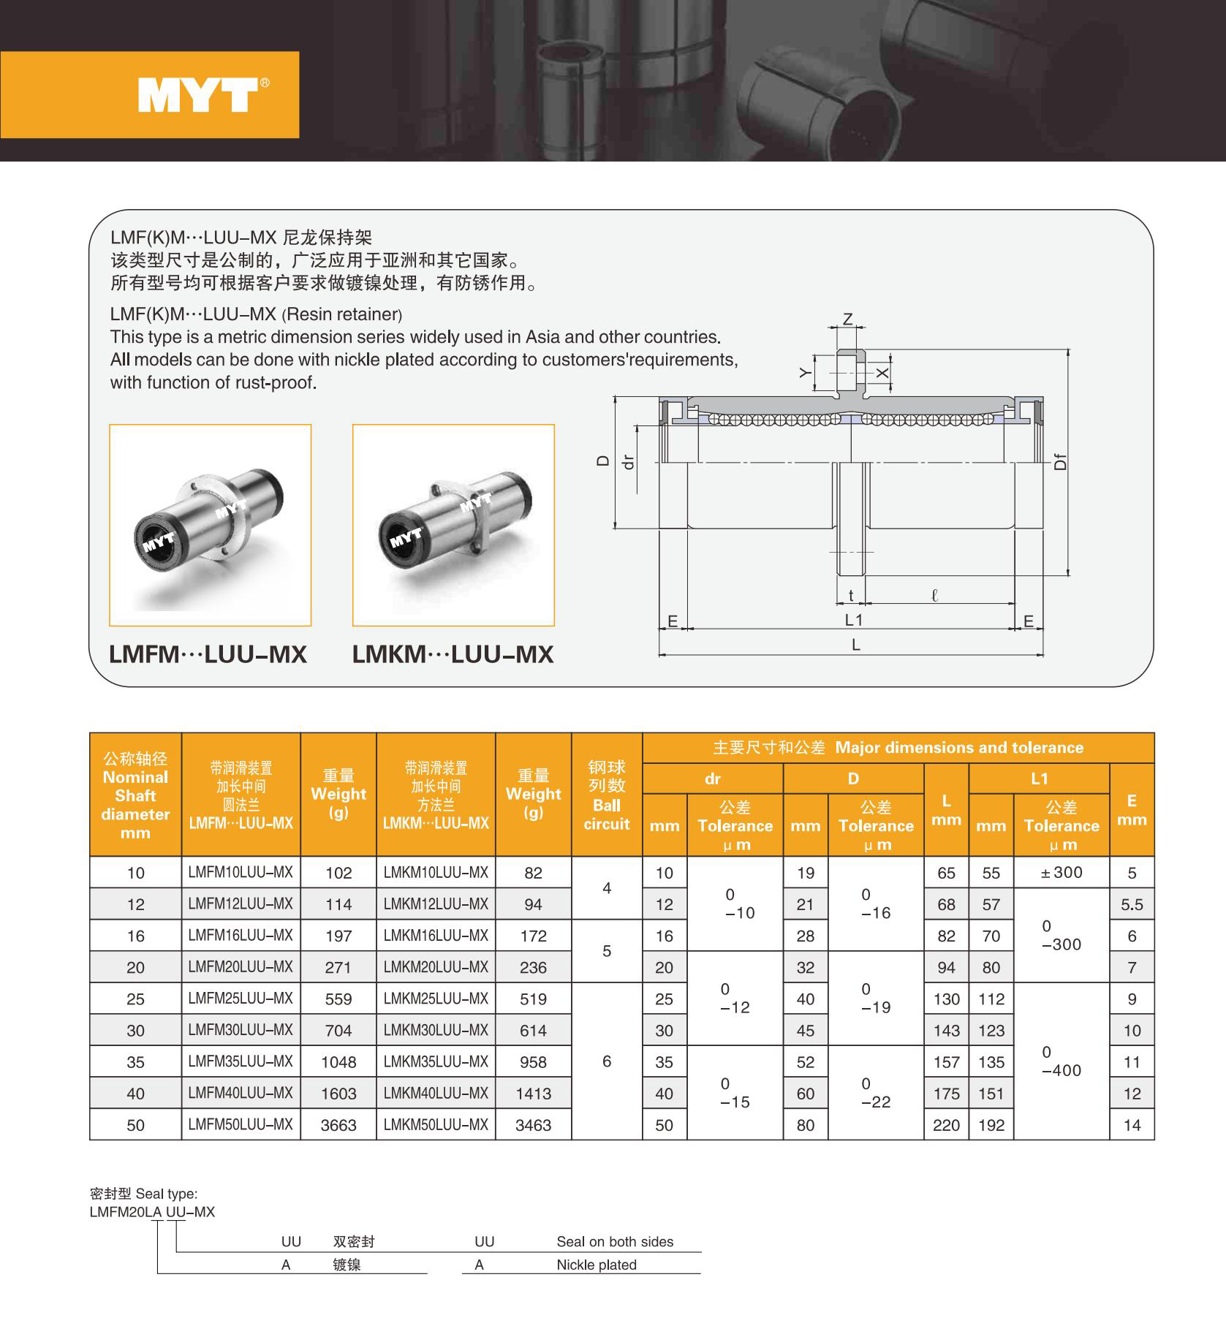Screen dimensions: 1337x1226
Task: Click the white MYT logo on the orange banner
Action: pos(197,95)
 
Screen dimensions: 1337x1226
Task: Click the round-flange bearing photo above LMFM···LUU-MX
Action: pos(210,525)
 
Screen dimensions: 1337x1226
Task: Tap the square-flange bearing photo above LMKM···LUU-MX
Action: pos(453,525)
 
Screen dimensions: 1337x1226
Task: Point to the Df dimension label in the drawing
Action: pos(1061,462)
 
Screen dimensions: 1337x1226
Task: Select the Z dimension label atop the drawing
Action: pos(848,319)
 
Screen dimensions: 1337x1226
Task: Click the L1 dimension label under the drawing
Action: pos(854,621)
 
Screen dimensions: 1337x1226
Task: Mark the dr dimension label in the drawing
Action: pos(627,462)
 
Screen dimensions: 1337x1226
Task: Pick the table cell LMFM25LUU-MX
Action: pos(241,999)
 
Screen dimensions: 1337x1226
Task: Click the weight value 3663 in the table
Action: pos(338,1125)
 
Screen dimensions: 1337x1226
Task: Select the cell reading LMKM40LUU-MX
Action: pos(436,1094)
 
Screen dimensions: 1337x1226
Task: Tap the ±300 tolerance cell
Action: pos(1062,872)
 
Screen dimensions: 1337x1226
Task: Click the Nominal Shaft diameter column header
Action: pos(135,795)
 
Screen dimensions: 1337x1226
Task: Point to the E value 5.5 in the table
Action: pos(1132,905)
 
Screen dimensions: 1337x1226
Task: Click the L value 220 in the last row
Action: pos(946,1125)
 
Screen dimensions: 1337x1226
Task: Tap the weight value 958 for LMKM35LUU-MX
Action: pos(533,1062)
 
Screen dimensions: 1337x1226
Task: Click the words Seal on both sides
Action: pos(615,1242)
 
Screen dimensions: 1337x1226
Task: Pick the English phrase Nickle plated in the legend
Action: pos(597,1265)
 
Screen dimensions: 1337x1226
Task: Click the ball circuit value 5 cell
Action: pos(607,951)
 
